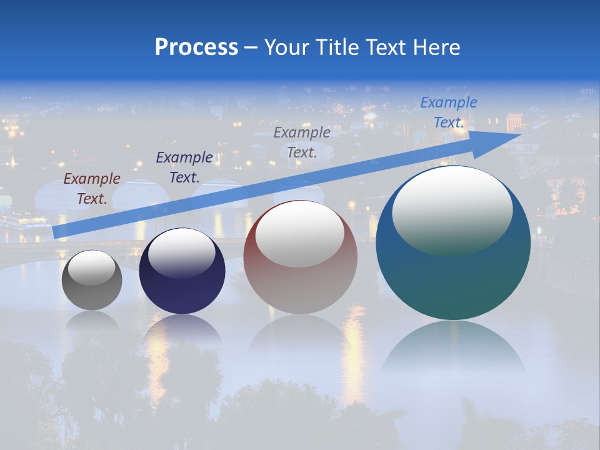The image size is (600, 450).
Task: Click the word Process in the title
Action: click(196, 47)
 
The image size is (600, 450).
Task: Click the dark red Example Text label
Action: click(92, 189)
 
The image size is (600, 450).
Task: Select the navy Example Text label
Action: click(184, 167)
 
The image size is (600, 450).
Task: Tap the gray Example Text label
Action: click(302, 142)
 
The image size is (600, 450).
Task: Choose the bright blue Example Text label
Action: click(448, 112)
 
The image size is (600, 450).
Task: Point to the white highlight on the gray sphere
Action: click(91, 267)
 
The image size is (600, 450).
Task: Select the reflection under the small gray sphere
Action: click(92, 320)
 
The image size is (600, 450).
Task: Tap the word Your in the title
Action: click(286, 47)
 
